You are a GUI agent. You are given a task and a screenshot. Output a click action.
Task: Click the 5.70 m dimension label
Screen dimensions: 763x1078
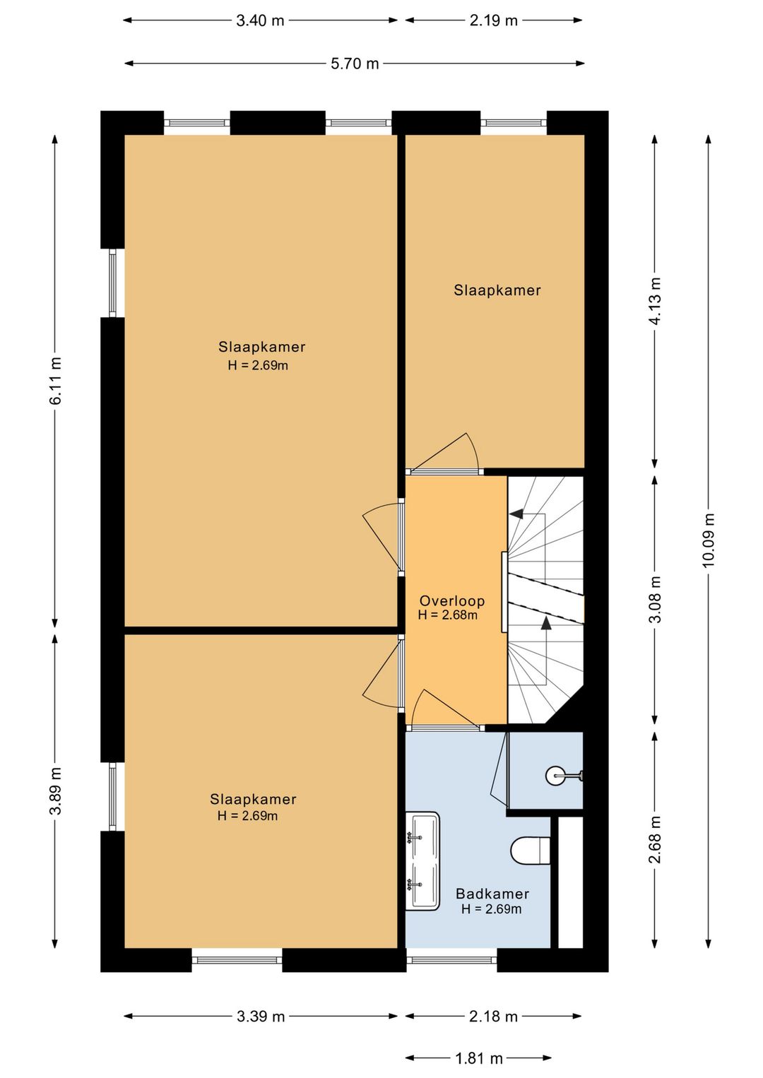[x=355, y=64]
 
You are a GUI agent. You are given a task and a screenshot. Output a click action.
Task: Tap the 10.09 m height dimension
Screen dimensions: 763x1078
[x=708, y=540]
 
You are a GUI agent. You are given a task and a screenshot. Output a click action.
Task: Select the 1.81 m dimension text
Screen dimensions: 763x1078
[x=478, y=1058]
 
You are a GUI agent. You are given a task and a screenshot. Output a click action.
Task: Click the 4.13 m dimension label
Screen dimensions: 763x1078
[x=655, y=301]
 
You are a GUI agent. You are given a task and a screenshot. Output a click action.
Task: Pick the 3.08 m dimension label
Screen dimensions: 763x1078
[x=655, y=599]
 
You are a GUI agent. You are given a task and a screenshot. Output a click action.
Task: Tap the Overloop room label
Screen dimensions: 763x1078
[x=452, y=600]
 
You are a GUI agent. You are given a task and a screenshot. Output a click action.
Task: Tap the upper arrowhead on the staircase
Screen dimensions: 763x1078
[x=516, y=514]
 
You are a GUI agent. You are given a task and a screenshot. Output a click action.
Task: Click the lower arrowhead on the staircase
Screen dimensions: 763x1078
[x=546, y=623]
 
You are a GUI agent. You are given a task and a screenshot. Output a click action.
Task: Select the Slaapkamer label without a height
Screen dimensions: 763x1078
[x=497, y=290]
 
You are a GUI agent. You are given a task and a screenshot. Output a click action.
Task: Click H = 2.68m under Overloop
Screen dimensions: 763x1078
[x=448, y=615]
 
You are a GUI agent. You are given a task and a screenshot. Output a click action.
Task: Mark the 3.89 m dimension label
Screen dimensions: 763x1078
[x=55, y=790]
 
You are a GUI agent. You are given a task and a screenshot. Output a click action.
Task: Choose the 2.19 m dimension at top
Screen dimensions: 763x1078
[x=493, y=20]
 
